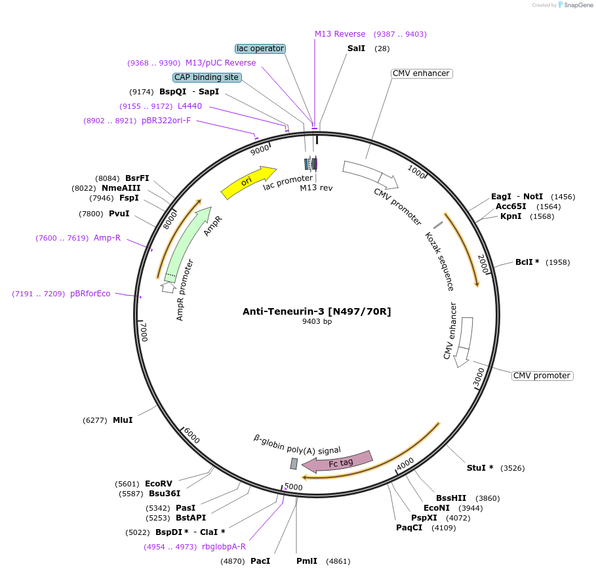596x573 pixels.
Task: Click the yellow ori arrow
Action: tap(248, 182)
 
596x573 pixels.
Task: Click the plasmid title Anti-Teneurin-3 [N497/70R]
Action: tap(317, 311)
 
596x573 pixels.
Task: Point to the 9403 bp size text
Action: tap(317, 322)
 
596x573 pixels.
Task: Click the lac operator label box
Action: tap(260, 49)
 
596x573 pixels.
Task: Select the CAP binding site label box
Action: tap(207, 77)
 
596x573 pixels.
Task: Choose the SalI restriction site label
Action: tap(356, 49)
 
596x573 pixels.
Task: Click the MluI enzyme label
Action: tap(123, 420)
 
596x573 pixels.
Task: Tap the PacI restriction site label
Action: tap(260, 561)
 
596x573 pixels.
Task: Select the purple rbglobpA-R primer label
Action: tap(224, 547)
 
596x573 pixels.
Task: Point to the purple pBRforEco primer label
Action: tap(90, 294)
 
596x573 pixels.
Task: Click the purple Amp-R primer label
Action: tap(107, 238)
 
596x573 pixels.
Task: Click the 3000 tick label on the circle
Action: tap(479, 377)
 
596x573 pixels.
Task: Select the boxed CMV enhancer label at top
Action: tap(420, 73)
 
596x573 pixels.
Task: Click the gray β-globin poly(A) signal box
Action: tap(294, 464)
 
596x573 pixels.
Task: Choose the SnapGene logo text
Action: tap(579, 5)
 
